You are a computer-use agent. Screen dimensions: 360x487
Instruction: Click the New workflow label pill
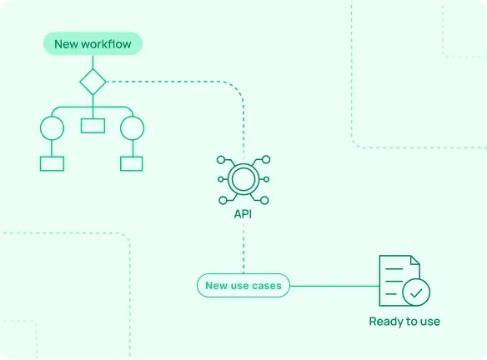pyautogui.click(x=93, y=43)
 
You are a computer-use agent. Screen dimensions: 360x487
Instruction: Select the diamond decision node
pyautogui.click(x=93, y=82)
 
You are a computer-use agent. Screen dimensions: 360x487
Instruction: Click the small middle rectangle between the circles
pyautogui.click(x=93, y=126)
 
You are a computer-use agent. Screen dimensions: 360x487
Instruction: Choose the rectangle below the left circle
pyautogui.click(x=53, y=163)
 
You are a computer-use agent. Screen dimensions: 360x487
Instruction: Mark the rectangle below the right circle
pyautogui.click(x=133, y=163)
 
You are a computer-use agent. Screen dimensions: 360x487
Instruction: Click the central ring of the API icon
pyautogui.click(x=243, y=178)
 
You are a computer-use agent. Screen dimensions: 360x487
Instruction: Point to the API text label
pyautogui.click(x=243, y=214)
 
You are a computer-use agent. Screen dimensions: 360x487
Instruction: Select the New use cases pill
pyautogui.click(x=243, y=286)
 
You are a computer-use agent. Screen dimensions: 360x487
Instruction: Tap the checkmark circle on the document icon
pyautogui.click(x=416, y=292)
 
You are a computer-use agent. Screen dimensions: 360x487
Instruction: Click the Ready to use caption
pyautogui.click(x=404, y=321)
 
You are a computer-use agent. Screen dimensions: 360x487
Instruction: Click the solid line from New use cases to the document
pyautogui.click(x=334, y=286)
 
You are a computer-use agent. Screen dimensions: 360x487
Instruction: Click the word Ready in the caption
pyautogui.click(x=385, y=321)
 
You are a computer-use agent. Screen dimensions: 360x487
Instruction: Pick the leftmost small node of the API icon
pyautogui.click(x=220, y=178)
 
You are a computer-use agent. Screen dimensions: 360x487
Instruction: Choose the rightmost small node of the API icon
pyautogui.click(x=267, y=178)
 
